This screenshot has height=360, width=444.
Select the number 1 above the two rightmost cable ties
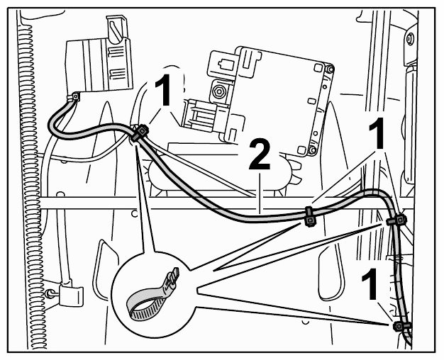(377, 133)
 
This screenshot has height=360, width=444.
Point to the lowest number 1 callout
(370, 284)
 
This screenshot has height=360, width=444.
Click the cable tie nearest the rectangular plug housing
(140, 133)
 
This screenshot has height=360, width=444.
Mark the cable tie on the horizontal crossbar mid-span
(309, 217)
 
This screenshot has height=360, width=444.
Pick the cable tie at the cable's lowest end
(401, 326)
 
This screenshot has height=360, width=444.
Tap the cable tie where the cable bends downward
(396, 220)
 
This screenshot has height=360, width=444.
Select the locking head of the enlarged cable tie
(173, 277)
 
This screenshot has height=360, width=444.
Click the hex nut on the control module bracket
(218, 91)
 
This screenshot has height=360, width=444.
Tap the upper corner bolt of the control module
(330, 69)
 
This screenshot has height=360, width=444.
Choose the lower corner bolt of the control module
(312, 150)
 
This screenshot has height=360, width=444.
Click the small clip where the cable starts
(75, 97)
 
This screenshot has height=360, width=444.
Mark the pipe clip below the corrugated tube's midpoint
(71, 296)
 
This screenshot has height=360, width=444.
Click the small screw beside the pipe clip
(50, 293)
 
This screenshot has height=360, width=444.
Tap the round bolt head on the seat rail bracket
(410, 38)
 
